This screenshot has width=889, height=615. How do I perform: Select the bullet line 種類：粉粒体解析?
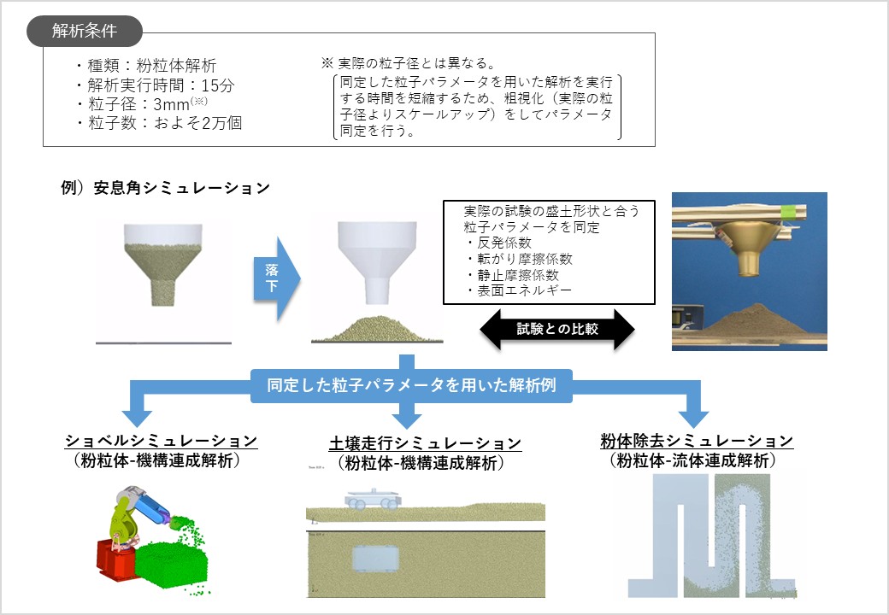pyautogui.click(x=145, y=66)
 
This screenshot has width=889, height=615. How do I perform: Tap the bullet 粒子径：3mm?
pyautogui.click(x=142, y=103)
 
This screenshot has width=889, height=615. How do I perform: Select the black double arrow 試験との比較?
pyautogui.click(x=556, y=328)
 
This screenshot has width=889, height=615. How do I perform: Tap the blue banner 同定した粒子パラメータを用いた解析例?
pyautogui.click(x=411, y=384)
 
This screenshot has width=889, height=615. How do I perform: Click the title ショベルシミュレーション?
pyautogui.click(x=162, y=441)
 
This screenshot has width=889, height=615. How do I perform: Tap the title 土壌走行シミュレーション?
pyautogui.click(x=425, y=443)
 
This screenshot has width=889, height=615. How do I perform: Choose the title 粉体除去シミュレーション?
pyautogui.click(x=697, y=441)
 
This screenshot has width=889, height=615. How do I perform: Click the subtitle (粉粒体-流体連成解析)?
pyautogui.click(x=697, y=460)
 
